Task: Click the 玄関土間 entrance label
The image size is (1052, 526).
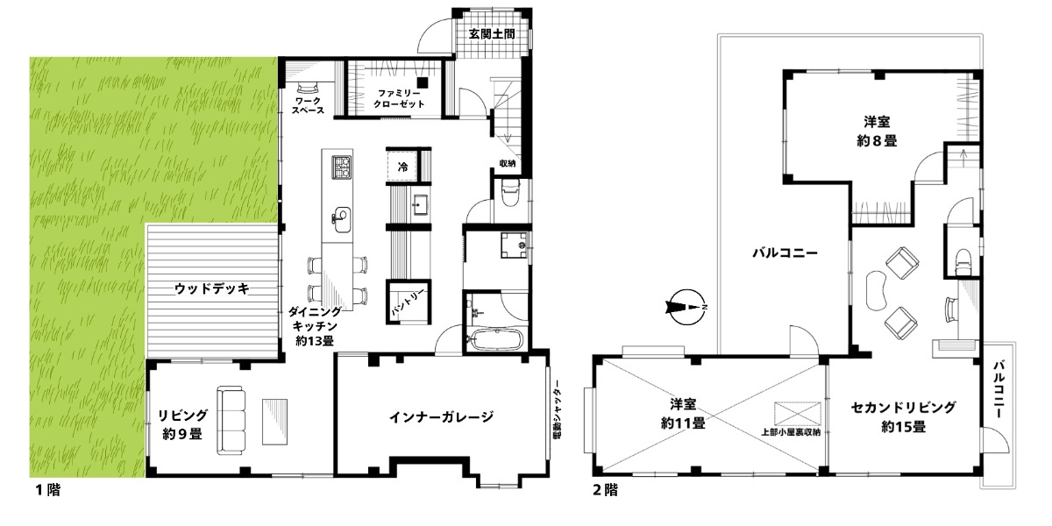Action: pos(492,34)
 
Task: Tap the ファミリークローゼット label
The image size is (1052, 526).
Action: pos(399,99)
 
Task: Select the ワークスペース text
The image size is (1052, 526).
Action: pos(308,106)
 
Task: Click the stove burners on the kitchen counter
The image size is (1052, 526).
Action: pos(341,167)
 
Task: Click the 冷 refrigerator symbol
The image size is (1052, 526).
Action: pos(402,167)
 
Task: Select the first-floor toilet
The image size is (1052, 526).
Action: pos(510,194)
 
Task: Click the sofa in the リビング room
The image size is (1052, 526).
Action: pos(231,420)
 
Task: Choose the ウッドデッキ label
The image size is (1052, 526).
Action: pos(212,288)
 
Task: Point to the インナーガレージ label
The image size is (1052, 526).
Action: pos(441,416)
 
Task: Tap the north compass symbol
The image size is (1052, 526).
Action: pos(686,307)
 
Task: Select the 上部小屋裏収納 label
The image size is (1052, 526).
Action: pos(791,432)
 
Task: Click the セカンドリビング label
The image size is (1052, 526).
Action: pos(903,407)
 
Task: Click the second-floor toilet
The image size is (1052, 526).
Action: pos(963,261)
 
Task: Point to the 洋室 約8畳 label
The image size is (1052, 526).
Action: pos(877,131)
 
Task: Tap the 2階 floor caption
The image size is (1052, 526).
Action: pos(606,490)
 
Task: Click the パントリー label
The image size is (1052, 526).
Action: pos(409,302)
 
